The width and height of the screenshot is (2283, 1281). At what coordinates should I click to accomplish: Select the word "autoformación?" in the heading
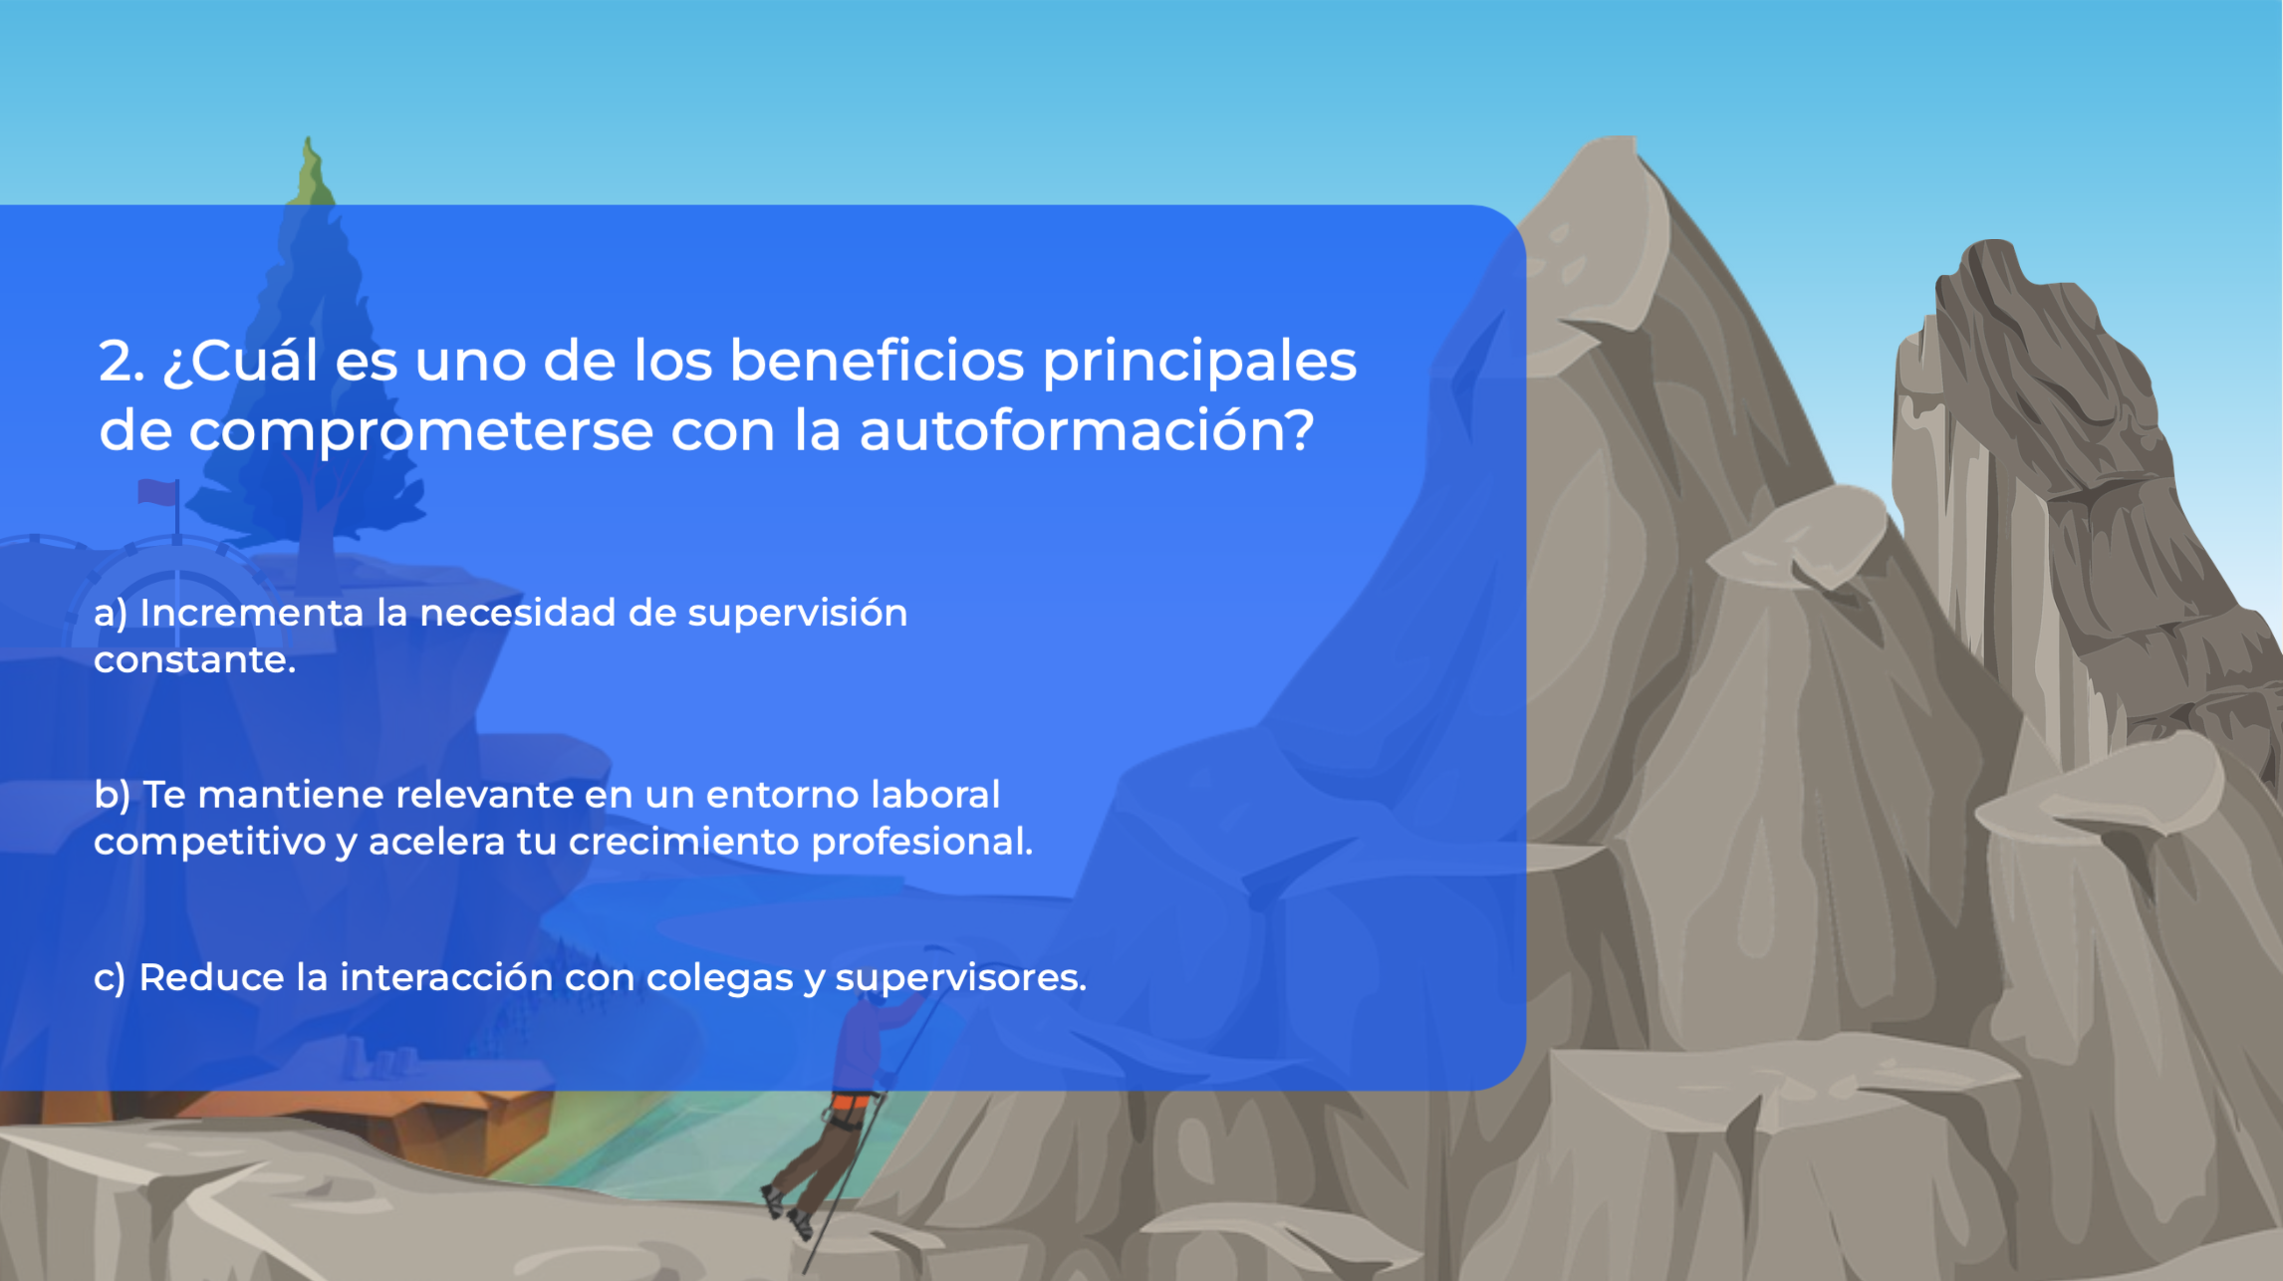click(1087, 431)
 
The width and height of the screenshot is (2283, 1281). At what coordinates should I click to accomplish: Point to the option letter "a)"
click(111, 614)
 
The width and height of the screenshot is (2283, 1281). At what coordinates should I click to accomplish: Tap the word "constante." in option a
click(195, 659)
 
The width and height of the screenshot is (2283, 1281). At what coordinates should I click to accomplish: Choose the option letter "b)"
click(113, 796)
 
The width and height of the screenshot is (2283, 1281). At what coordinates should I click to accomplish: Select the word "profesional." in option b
click(921, 843)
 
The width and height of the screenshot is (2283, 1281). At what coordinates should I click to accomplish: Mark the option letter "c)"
click(110, 978)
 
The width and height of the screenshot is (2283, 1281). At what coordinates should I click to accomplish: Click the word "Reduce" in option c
click(211, 977)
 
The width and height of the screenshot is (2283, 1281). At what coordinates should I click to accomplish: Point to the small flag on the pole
click(157, 492)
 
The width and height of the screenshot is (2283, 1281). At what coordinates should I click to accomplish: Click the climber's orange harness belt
click(850, 1103)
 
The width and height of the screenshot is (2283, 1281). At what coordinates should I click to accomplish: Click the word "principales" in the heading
click(1199, 363)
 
